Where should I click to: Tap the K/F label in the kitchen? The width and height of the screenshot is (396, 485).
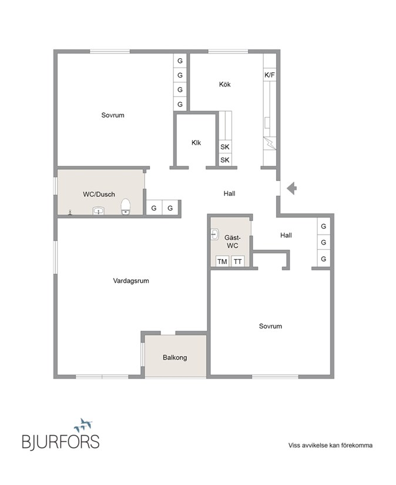pos(270,75)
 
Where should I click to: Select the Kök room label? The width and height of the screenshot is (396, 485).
pos(224,85)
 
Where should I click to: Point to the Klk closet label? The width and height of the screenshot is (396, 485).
pos(196,142)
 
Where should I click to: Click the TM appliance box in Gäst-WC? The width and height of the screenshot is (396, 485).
pos(222,262)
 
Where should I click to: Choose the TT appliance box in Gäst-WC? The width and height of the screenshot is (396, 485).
pos(237,262)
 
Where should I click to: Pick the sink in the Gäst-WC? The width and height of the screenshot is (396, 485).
pos(214,234)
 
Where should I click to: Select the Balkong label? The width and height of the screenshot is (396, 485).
pos(175,357)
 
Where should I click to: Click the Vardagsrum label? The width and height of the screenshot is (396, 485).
pos(131,281)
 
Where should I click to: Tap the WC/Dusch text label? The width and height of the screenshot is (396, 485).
pos(99,195)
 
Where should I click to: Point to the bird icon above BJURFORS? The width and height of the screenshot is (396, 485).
pos(83,424)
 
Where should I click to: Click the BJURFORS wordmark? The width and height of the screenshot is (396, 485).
pos(61,441)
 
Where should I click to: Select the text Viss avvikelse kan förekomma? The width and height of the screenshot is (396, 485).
pos(330,445)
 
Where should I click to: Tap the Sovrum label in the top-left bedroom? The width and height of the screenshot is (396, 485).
pos(113,115)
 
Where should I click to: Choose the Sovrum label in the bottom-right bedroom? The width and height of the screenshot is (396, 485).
pos(270,326)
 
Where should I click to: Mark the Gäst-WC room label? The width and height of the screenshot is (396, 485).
pos(232,241)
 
